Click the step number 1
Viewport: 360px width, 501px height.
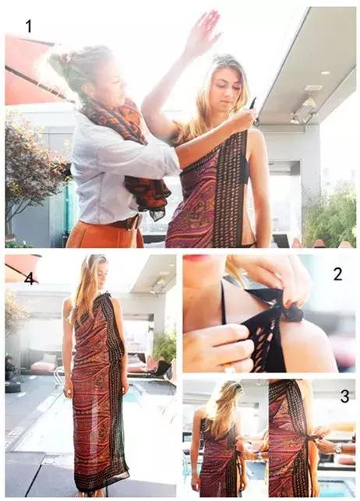point(29,26)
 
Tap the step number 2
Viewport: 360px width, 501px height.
point(337,273)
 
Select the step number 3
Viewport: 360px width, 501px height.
point(344,396)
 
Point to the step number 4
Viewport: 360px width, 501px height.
point(30,279)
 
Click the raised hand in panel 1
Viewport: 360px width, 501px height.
point(201,30)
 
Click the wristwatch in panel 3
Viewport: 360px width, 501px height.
point(339,449)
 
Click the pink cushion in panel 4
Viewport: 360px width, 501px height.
point(43,366)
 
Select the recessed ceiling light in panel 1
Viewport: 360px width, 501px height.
point(325,73)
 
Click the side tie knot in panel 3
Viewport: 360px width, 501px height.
point(316,439)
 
